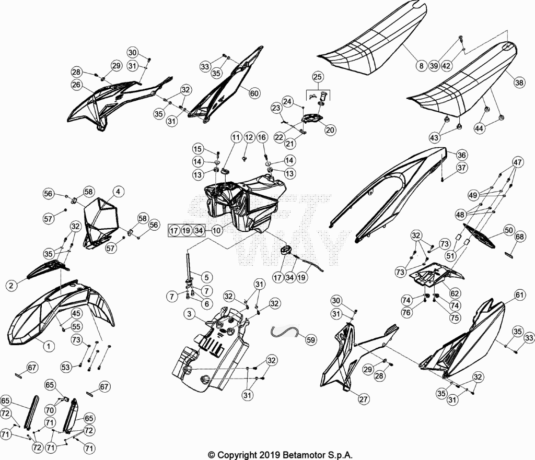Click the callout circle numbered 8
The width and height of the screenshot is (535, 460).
[422, 65]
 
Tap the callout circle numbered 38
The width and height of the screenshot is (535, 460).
[519, 82]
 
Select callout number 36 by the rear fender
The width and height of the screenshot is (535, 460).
[461, 155]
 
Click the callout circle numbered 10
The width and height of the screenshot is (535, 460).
[217, 230]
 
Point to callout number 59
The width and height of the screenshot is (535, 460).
[310, 339]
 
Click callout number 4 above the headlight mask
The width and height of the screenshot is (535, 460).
[118, 192]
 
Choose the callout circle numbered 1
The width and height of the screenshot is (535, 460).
[49, 347]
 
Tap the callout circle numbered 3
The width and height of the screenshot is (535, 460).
[189, 314]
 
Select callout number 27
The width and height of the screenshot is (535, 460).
[364, 399]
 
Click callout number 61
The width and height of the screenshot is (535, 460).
[519, 294]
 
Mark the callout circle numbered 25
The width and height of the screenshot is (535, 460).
[317, 77]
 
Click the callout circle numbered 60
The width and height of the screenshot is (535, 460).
[254, 93]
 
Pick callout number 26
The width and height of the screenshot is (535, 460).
[76, 85]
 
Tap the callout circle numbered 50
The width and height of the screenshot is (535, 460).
[508, 230]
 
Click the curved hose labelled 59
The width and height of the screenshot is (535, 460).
[284, 331]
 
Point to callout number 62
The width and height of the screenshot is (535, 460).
[455, 293]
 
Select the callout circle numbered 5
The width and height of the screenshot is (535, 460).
[207, 277]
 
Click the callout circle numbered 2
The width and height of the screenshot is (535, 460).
[11, 285]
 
